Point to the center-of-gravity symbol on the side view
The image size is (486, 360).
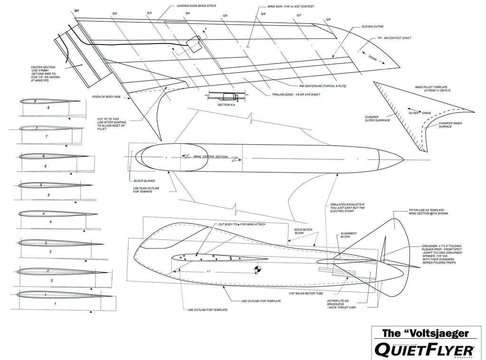258,270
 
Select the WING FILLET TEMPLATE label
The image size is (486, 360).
430,88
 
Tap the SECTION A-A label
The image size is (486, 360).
226,104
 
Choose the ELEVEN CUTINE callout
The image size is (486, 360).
373,27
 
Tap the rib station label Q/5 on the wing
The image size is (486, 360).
225,16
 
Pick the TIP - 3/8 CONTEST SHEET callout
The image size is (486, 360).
394,38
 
